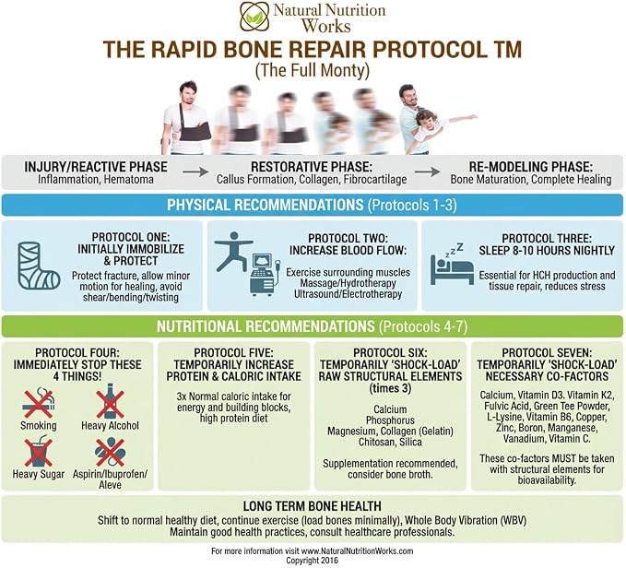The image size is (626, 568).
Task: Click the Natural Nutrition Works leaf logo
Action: click(254, 16)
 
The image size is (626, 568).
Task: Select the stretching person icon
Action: click(232, 251)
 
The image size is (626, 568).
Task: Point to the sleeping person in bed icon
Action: click(452, 265)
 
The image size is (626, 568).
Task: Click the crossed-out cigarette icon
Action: click(39, 403)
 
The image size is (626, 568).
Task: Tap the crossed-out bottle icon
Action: click(110, 401)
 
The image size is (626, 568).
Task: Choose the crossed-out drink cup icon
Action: click(39, 452)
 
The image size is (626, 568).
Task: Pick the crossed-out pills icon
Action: click(111, 452)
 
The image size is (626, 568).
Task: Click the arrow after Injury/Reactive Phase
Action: click(195, 172)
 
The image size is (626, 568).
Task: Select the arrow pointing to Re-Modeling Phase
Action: click(427, 172)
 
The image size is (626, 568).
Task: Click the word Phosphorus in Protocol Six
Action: click(390, 420)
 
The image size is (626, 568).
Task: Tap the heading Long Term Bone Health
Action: click(313, 506)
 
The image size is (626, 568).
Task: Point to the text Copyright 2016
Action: click(313, 561)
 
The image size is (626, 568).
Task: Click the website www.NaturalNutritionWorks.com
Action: click(358, 551)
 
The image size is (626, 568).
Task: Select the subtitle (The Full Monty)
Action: click(313, 71)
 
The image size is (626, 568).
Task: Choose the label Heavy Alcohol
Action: click(111, 425)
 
